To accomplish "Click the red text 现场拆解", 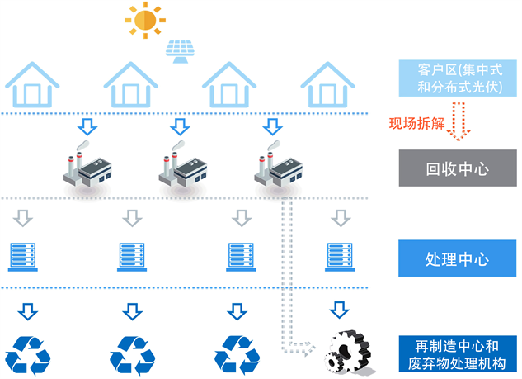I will pos(417,125).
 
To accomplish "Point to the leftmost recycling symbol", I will pos(28,353).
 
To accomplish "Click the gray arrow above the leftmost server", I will pos(24,219).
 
